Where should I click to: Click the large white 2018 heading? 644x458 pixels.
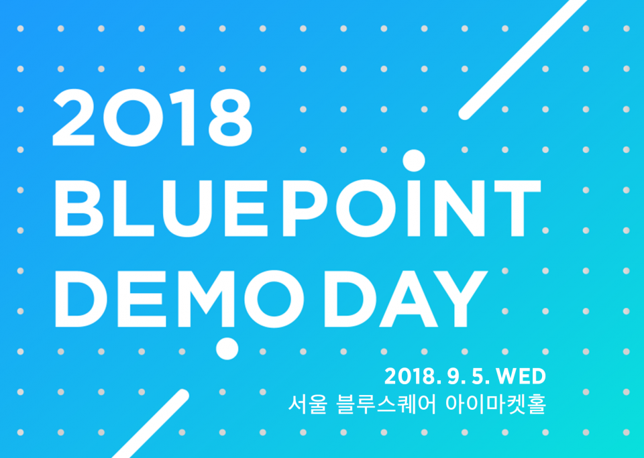[x=152, y=117]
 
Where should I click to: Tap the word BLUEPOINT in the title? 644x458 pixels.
[x=298, y=209]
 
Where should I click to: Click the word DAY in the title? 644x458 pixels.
[x=406, y=299]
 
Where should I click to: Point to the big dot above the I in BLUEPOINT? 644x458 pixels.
[x=414, y=160]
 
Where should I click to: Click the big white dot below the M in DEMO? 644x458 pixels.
[x=227, y=349]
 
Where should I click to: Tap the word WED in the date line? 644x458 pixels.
[x=521, y=376]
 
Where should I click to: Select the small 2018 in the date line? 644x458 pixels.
[x=410, y=376]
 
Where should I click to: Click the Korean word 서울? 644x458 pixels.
[x=307, y=404]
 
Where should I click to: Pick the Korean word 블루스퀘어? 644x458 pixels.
[x=386, y=404]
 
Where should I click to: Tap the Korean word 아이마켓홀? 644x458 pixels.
[x=496, y=404]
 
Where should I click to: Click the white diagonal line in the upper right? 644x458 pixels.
[x=523, y=58]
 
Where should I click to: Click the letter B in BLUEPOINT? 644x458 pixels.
[x=79, y=209]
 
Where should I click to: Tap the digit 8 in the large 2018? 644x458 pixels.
[x=230, y=117]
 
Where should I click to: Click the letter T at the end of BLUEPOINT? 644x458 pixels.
[x=517, y=209]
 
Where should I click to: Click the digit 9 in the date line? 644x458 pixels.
[x=453, y=376]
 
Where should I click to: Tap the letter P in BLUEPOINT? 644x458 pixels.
[x=305, y=209]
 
